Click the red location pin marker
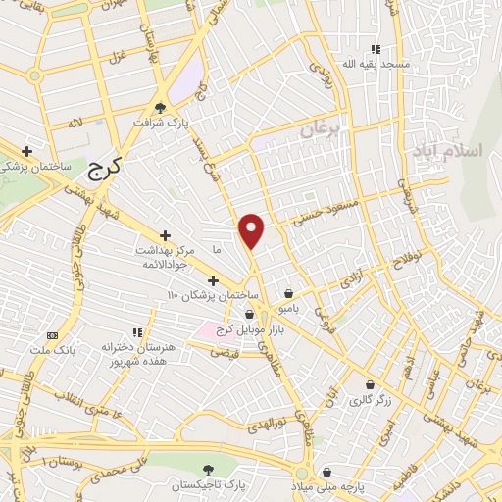pos(252,230)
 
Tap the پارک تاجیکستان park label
pos(208,485)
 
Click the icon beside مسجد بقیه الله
pos(375,49)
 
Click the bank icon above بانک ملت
pos(52,334)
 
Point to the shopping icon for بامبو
pos(289,293)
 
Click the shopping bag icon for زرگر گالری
pos(369,385)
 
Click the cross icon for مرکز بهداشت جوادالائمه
pos(165,235)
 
